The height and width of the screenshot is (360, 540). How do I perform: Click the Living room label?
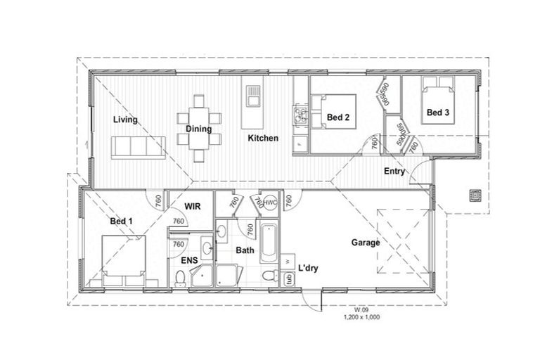pyautogui.click(x=125, y=120)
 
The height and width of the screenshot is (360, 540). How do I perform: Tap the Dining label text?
pyautogui.click(x=199, y=129)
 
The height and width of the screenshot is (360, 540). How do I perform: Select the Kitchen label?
pyautogui.click(x=263, y=139)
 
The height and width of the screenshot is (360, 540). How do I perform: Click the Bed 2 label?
pyautogui.click(x=338, y=117)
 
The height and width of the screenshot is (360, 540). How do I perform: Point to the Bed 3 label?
pyautogui.click(x=438, y=112)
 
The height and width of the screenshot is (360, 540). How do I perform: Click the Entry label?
pyautogui.click(x=394, y=172)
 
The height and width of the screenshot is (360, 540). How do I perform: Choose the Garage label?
pyautogui.click(x=366, y=243)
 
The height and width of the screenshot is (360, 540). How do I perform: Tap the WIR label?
pyautogui.click(x=193, y=206)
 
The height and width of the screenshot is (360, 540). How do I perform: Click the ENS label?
pyautogui.click(x=189, y=261)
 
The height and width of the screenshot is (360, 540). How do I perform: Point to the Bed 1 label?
pyautogui.click(x=122, y=221)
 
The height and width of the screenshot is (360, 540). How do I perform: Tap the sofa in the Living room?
pyautogui.click(x=138, y=147)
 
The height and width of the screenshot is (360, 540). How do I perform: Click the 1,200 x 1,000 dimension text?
pyautogui.click(x=362, y=318)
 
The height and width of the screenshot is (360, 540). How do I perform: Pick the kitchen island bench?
pyautogui.click(x=252, y=107)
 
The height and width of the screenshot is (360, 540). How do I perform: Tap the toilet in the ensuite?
pyautogui.click(x=181, y=280)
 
